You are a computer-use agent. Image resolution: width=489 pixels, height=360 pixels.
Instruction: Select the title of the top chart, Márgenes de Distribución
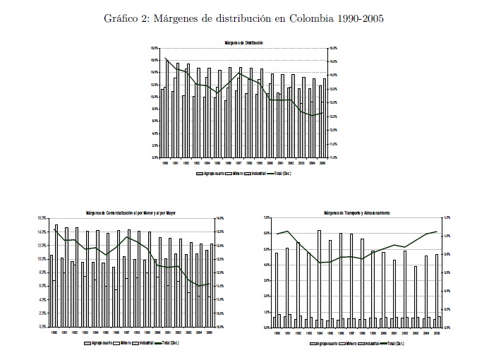point(244,44)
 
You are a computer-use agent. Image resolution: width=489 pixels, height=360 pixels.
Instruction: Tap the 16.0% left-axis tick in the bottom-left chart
point(42,218)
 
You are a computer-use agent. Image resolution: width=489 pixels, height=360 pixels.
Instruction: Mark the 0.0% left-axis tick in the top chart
point(155,157)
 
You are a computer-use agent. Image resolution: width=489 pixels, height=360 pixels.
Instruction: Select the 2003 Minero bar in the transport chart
point(416,296)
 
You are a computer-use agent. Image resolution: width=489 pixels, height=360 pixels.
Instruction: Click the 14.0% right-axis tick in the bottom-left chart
point(219,218)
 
